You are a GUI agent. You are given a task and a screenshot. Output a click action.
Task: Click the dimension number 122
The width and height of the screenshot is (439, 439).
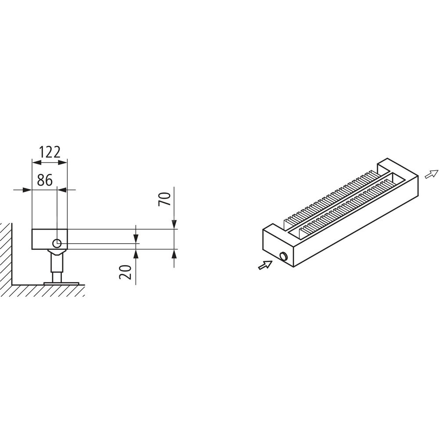click(x=50, y=152)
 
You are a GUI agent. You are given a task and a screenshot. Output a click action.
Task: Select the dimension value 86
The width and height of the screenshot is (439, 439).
click(x=45, y=180)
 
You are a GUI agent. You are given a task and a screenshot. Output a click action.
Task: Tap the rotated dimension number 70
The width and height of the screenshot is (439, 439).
click(x=164, y=199)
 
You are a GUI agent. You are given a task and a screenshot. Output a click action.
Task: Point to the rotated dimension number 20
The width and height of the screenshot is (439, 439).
click(x=125, y=272)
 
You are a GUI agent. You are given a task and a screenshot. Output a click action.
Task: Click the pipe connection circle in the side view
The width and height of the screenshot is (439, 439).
click(x=57, y=243)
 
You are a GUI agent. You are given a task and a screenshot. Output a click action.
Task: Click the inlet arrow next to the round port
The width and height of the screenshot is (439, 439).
click(x=265, y=265)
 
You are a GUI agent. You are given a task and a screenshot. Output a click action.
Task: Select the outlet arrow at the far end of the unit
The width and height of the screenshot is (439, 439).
click(x=432, y=174)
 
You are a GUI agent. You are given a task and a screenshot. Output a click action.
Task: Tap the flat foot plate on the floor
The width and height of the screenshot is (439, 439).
click(x=61, y=283)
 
